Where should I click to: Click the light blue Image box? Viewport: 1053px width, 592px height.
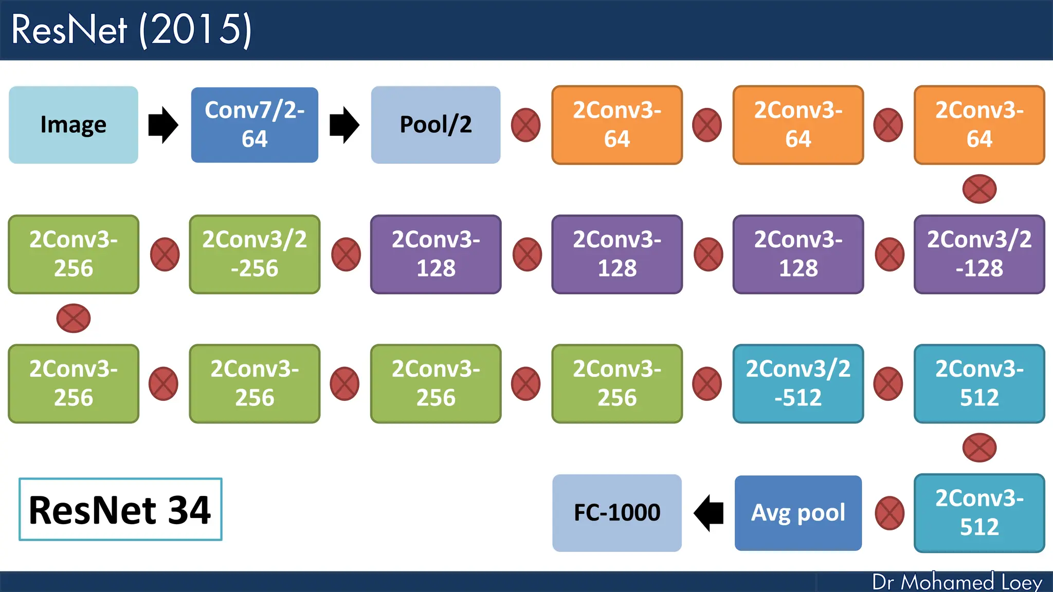pyautogui.click(x=73, y=125)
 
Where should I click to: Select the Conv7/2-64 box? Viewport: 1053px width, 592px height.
pyautogui.click(x=255, y=125)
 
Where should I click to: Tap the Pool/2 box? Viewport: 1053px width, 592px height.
pyautogui.click(x=435, y=125)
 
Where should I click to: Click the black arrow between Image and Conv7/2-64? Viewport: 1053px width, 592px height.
pyautogui.click(x=163, y=125)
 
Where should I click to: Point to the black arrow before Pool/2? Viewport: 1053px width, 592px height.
pyautogui.click(x=344, y=125)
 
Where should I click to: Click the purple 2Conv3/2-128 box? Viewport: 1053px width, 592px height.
pyautogui.click(x=979, y=254)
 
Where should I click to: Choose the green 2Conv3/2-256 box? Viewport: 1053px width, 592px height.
pyautogui.click(x=255, y=254)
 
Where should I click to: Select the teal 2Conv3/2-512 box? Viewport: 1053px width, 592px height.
pyautogui.click(x=798, y=384)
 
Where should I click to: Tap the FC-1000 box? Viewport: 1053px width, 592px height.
pyautogui.click(x=617, y=513)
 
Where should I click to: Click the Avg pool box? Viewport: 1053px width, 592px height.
pyautogui.click(x=798, y=513)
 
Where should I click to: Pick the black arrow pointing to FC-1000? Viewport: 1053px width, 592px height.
pyautogui.click(x=709, y=513)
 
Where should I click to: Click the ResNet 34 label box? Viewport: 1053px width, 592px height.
pyautogui.click(x=120, y=509)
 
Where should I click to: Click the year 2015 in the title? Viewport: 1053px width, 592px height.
pyautogui.click(x=195, y=29)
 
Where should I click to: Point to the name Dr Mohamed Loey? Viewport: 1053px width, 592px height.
pyautogui.click(x=957, y=582)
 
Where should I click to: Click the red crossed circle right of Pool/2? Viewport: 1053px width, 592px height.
pyautogui.click(x=525, y=125)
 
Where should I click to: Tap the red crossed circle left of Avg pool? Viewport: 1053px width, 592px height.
pyautogui.click(x=889, y=513)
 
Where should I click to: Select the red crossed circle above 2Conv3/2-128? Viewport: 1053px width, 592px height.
pyautogui.click(x=979, y=189)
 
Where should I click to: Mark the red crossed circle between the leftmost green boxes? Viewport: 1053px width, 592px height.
pyautogui.click(x=74, y=318)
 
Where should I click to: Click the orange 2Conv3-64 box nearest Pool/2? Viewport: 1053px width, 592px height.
pyautogui.click(x=617, y=125)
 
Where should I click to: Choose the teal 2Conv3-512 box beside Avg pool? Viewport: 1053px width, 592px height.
pyautogui.click(x=979, y=513)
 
